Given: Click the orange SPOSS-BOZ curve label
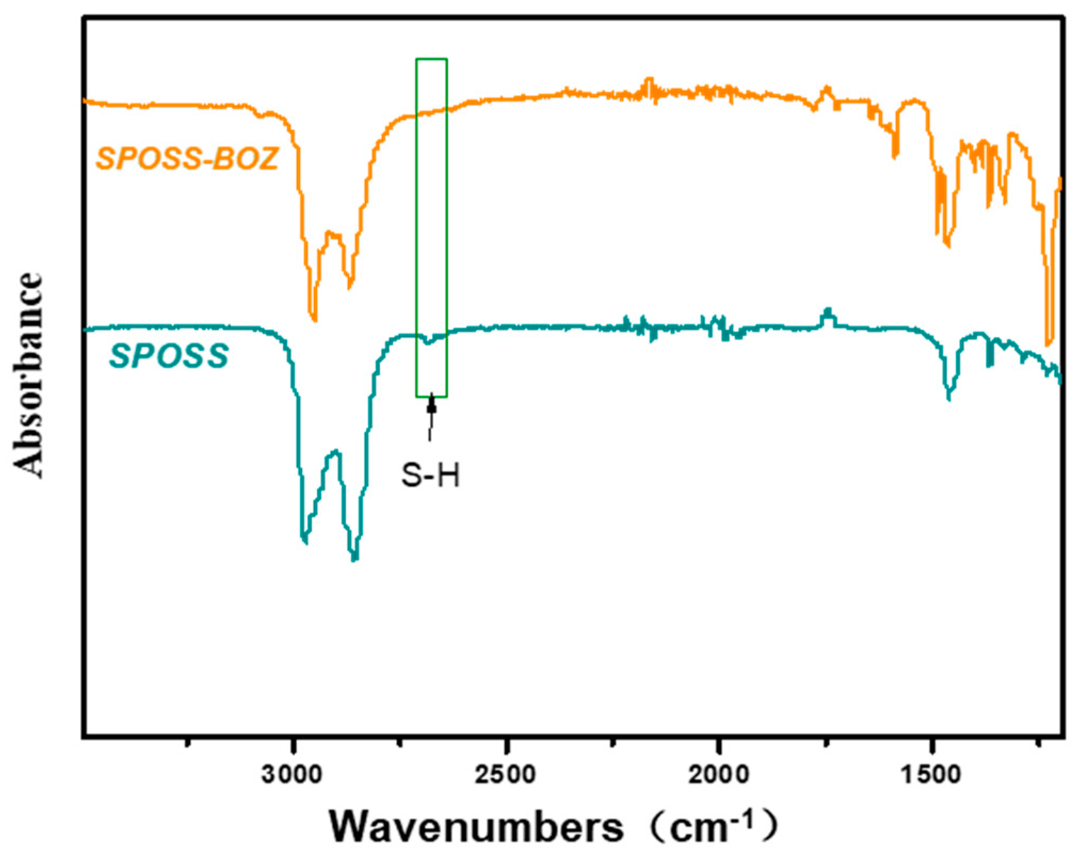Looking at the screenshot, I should tap(187, 158).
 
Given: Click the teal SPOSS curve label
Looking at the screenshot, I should tap(169, 356).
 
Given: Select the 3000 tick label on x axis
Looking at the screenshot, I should tap(292, 774).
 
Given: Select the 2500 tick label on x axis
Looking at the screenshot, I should tap(505, 774).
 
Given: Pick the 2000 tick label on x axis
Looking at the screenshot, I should tap(718, 774).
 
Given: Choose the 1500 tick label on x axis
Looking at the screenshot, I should tap(932, 774).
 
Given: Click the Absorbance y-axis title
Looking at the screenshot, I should tap(28, 376).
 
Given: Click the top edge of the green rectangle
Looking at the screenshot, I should tap(431, 59).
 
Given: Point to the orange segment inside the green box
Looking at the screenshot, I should tap(431, 112).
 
